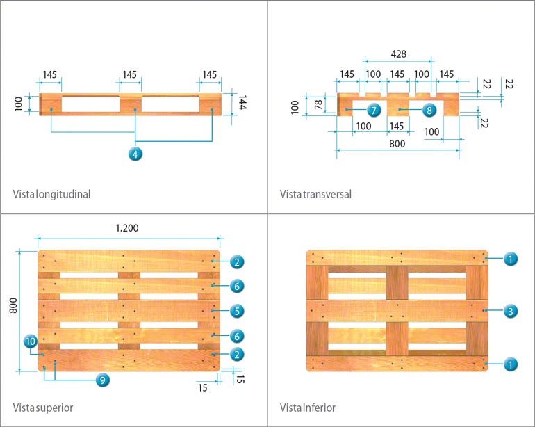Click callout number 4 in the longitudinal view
click(136, 154)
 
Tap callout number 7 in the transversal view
click(372, 110)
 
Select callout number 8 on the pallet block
click(428, 110)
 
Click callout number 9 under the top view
click(102, 380)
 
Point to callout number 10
click(30, 341)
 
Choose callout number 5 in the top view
click(238, 311)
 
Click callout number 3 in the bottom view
click(510, 311)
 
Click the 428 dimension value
click(398, 54)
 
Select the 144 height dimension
click(242, 104)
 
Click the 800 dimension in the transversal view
click(397, 145)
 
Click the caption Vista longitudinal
click(51, 194)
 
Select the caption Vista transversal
click(315, 194)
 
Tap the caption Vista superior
click(43, 407)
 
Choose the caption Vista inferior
click(308, 407)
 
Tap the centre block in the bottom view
click(397, 311)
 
